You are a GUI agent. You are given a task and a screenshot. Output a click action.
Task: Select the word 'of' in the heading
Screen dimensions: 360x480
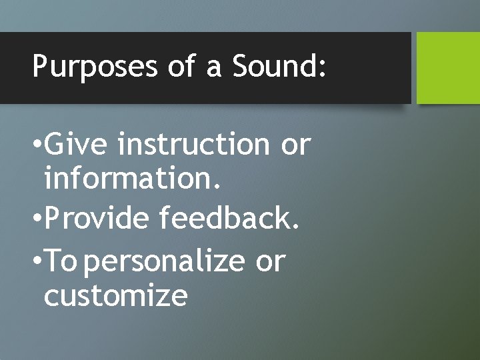coord(179,67)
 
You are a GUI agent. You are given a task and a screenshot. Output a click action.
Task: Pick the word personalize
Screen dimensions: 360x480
coord(165,261)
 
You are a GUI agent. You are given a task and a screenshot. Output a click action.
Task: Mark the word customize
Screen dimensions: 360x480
coord(115,295)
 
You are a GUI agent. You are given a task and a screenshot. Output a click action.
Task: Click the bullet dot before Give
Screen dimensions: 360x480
coord(36,145)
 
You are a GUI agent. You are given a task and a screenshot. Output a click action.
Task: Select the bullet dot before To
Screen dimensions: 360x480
coord(36,262)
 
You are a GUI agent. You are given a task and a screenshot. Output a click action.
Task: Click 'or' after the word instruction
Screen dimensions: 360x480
coord(295,145)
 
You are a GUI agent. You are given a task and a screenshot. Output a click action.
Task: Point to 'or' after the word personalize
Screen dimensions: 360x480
coord(270,262)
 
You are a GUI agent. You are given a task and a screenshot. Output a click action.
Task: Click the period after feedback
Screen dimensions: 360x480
coord(295,227)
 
